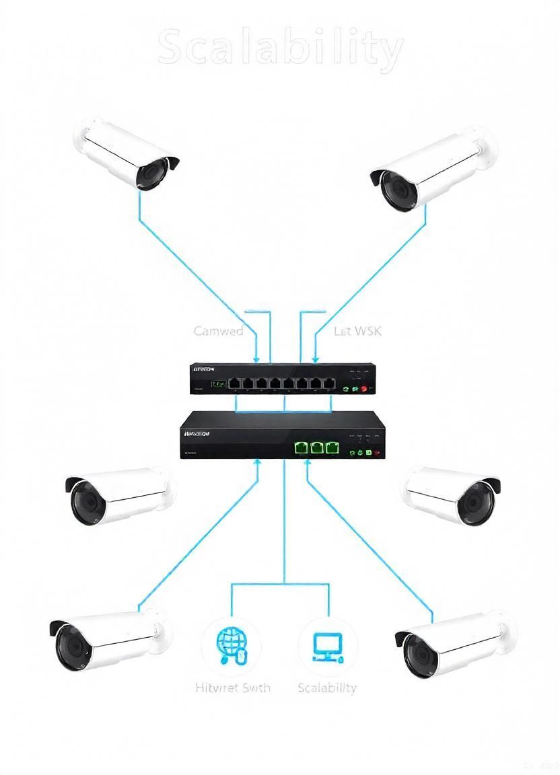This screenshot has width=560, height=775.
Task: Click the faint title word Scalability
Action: point(281,48)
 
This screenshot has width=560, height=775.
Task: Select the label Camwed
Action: point(219,331)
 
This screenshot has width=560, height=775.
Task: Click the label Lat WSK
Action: point(357,331)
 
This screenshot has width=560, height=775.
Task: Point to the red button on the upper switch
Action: point(364,389)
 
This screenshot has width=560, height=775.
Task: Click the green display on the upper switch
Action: point(218,385)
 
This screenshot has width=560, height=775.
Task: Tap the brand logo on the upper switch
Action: point(203,369)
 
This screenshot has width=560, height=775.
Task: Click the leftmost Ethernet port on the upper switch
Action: point(235,383)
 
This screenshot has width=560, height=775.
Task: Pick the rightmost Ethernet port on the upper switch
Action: point(328,383)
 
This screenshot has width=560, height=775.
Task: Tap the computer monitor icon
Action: point(327,647)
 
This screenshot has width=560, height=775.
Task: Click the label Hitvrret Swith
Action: point(233,688)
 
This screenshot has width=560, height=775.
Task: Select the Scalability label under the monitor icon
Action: point(327,688)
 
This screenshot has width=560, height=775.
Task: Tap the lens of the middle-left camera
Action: point(86,502)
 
